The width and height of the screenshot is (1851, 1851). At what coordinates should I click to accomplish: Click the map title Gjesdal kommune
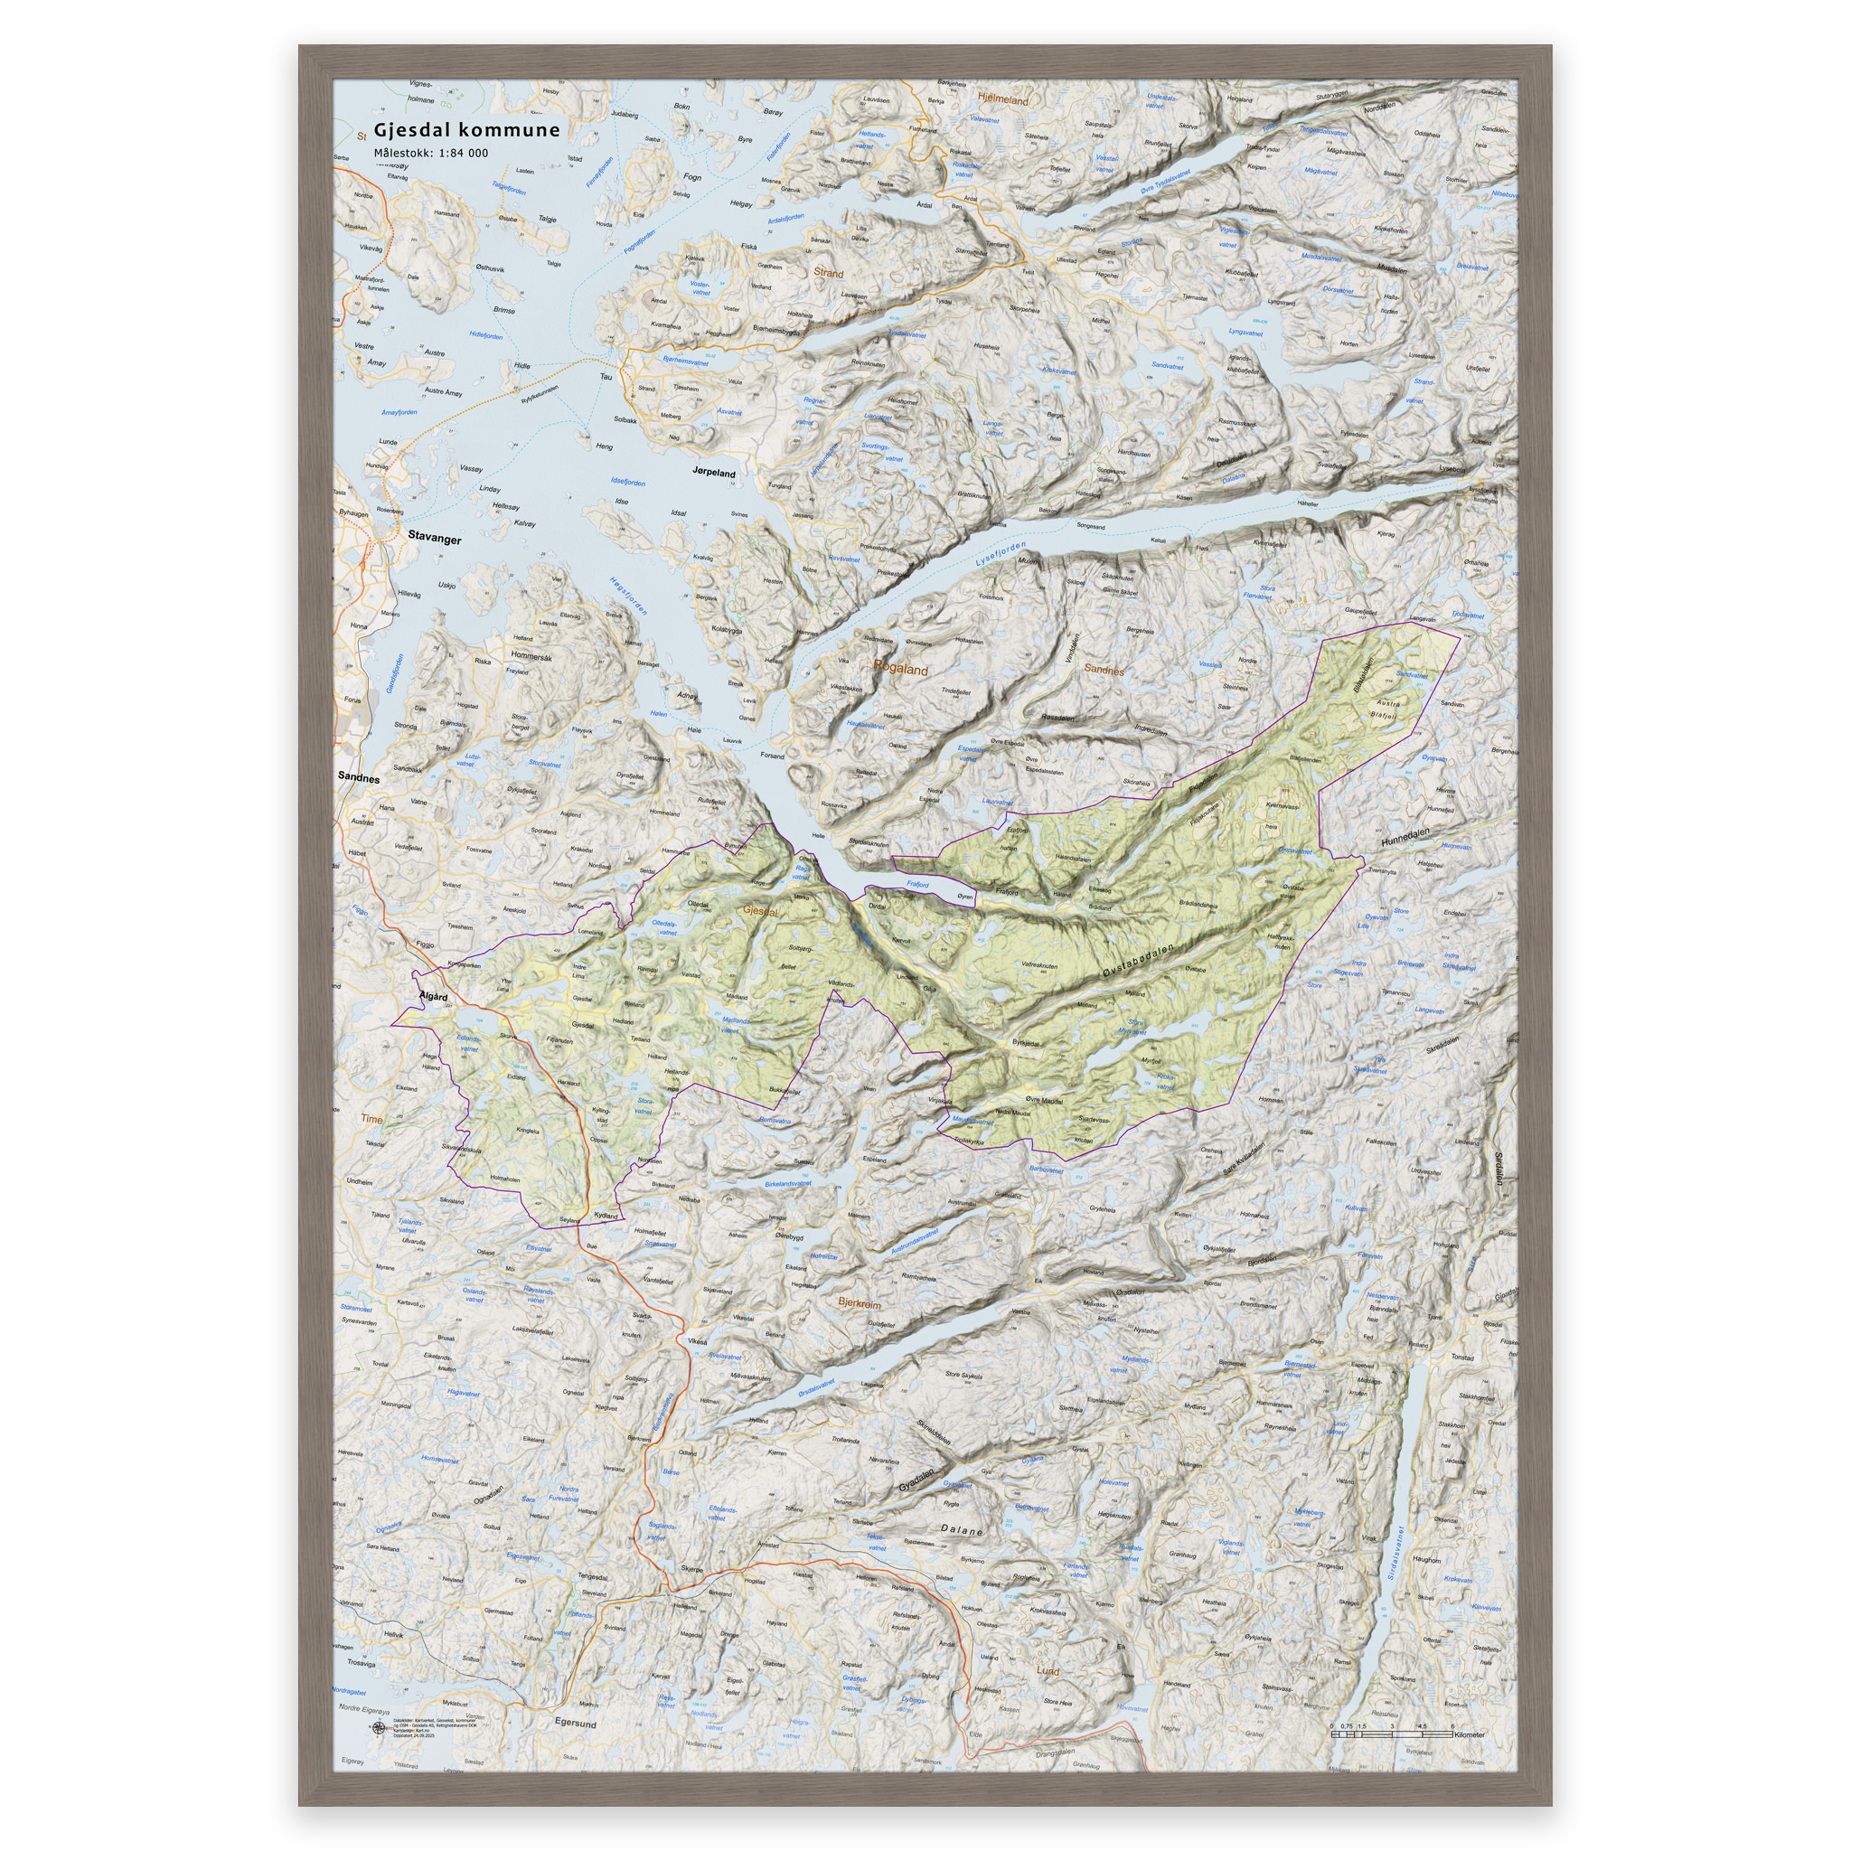[466, 129]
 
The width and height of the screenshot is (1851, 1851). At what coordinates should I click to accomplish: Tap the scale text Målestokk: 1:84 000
[430, 154]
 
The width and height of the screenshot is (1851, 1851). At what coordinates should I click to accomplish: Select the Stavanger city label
[434, 539]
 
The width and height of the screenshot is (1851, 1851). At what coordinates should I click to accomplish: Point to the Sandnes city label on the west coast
[358, 778]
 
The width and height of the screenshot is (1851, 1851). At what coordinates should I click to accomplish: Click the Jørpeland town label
[714, 474]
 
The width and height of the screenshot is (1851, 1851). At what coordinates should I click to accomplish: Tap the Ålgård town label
[433, 996]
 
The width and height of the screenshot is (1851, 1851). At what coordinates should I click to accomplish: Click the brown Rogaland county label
[899, 670]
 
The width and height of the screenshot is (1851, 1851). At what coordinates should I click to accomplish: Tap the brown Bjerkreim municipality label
[859, 1303]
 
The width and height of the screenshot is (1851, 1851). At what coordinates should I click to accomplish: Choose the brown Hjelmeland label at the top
[1002, 99]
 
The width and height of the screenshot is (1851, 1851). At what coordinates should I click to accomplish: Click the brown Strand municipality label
[828, 273]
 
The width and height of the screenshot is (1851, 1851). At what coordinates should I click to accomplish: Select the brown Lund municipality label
[1048, 1671]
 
